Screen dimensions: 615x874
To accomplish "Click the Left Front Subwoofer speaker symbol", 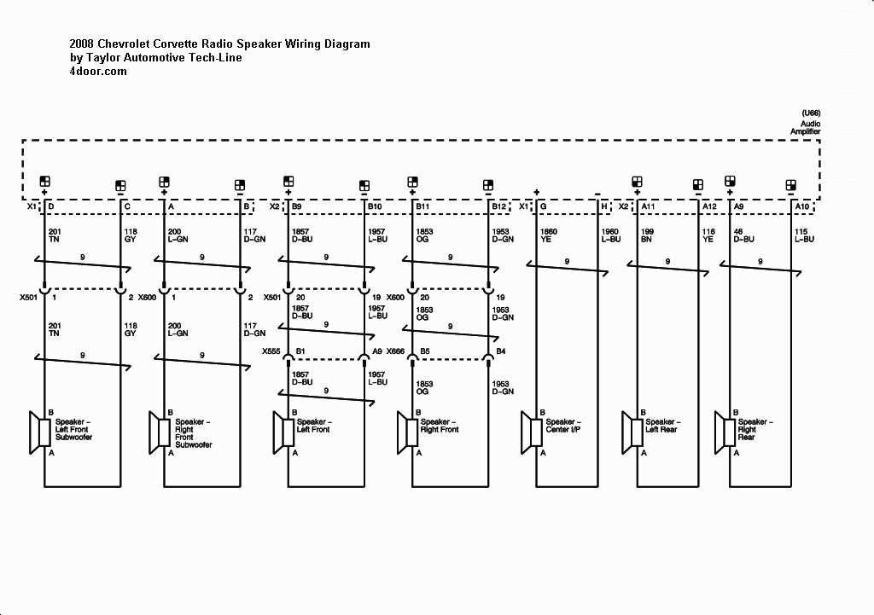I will coord(38,432).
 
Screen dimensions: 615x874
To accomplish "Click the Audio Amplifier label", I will coord(805,127).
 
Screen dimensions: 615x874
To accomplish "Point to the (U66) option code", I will coord(811,113).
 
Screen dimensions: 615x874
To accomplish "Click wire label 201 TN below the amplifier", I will coord(55,235).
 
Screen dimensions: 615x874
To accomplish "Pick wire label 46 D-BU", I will coord(743,235).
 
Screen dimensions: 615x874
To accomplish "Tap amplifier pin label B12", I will coord(498,207).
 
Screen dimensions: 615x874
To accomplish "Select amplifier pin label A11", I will coord(649,207).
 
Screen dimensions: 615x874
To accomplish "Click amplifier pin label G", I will coord(543,207).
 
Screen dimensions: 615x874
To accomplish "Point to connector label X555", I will coord(271,351).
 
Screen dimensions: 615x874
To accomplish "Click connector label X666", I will coord(395,351).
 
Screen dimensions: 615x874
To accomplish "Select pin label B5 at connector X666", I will coord(422,351).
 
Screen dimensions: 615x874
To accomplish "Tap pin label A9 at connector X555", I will coord(377,351).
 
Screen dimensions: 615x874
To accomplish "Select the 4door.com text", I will coord(98,72).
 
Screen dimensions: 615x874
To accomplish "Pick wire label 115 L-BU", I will coord(804,235).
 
